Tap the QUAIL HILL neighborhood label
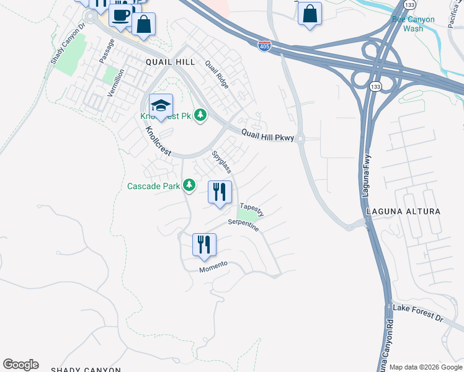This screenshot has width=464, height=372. [x=170, y=62]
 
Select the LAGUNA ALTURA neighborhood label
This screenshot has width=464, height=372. [x=403, y=211]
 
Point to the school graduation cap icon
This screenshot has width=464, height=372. [x=161, y=105]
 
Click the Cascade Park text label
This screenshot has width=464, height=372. [x=153, y=185]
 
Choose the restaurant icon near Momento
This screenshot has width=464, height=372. [x=204, y=244]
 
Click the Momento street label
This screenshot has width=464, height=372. [x=213, y=267]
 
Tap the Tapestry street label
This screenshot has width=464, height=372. [x=252, y=210]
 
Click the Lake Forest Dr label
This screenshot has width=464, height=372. [x=418, y=313]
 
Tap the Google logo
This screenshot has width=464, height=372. [x=20, y=365]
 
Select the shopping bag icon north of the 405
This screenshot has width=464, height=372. [x=310, y=14]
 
